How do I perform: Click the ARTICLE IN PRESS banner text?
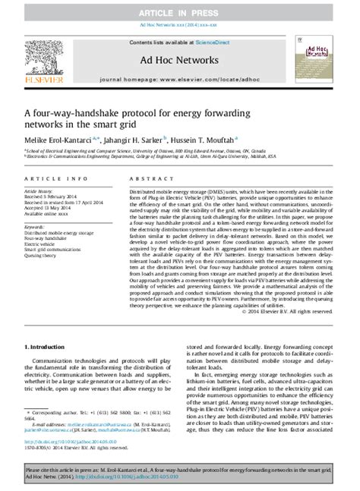(x=181, y=14)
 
